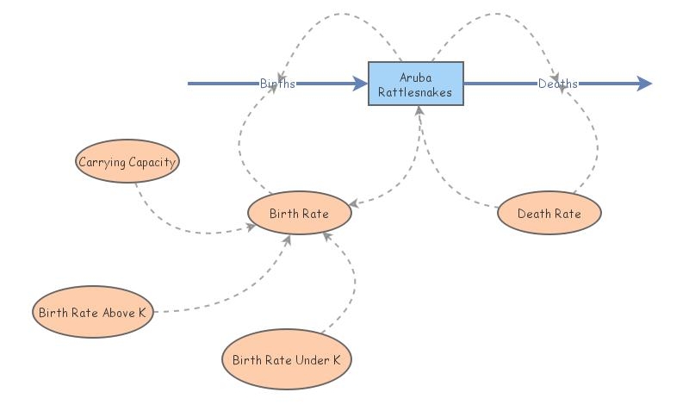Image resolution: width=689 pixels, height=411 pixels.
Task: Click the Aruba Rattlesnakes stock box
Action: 416,84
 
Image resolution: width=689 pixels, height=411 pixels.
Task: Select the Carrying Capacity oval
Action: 127,162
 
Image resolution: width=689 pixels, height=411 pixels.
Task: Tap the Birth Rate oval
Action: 299,213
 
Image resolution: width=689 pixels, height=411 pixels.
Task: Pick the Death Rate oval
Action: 549,213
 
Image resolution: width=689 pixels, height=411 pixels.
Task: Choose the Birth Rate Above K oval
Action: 93,313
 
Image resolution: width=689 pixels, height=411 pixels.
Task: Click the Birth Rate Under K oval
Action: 287,360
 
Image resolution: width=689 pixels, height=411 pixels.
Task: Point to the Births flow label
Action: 277,84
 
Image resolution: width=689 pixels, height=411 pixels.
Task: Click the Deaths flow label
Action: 558,84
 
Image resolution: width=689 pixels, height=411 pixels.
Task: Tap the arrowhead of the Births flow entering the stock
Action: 360,84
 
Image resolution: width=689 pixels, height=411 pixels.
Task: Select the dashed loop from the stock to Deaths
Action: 500,16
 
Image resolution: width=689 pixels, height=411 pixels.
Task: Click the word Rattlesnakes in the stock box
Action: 416,90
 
